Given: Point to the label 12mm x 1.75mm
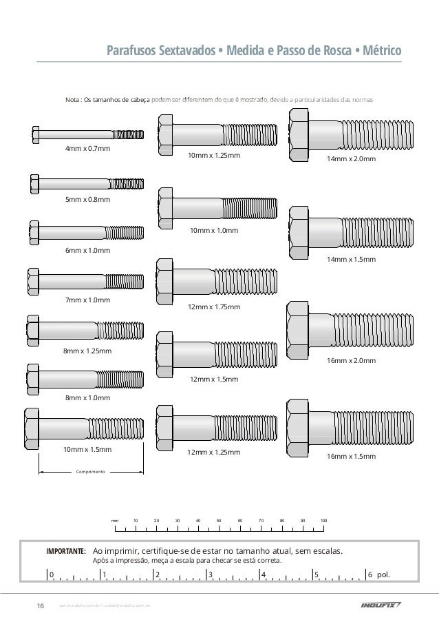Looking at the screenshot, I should [x=214, y=307].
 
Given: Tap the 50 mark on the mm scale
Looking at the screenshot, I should [x=219, y=521].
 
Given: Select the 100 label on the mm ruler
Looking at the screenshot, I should [x=323, y=521].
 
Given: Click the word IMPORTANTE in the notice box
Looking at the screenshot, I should [x=65, y=552].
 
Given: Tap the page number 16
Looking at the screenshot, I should [x=40, y=606].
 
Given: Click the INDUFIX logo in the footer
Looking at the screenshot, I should [x=381, y=606].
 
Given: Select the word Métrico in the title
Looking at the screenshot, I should [x=382, y=52].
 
